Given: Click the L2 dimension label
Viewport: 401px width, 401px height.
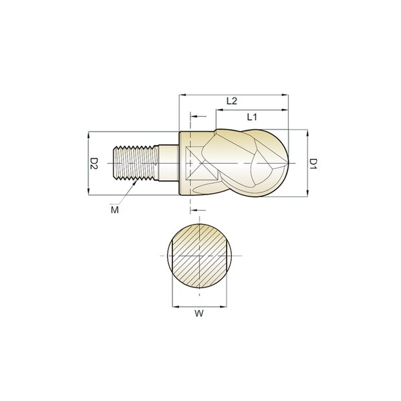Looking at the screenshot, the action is coord(232,101).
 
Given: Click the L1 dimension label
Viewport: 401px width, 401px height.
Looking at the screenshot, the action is coord(252,117).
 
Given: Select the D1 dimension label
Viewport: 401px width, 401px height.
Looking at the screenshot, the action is coord(313,164).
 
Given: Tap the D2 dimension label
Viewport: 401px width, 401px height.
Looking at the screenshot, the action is coord(94,164).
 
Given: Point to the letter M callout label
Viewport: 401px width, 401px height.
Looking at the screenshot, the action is coord(115,210).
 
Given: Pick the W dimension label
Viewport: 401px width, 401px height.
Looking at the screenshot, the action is coord(199,313).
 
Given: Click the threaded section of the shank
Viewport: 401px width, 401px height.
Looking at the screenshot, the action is coord(136,163).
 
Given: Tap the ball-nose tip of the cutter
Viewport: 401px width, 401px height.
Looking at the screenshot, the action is coord(288,163).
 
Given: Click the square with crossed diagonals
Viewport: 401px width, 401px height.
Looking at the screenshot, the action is coord(203,163).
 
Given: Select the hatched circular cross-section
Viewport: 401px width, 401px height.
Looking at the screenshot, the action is coord(199,256).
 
